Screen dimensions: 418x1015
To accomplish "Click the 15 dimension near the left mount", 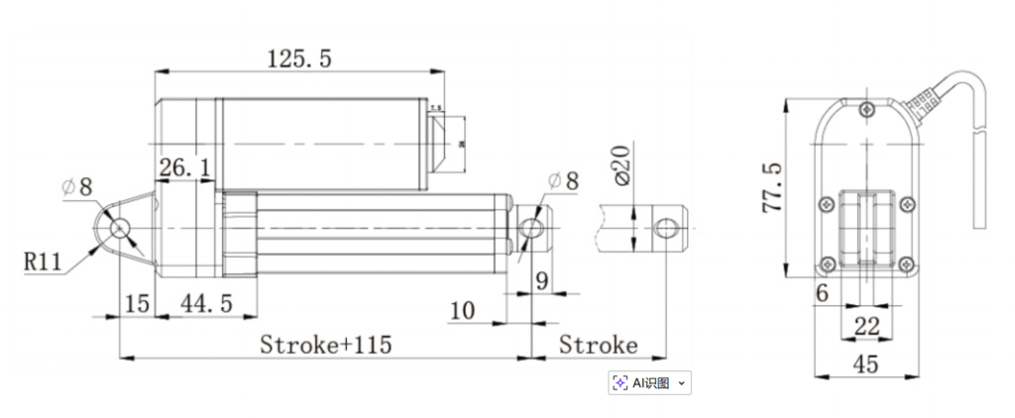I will pos(137,303).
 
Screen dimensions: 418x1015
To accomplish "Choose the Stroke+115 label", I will pos(325,345).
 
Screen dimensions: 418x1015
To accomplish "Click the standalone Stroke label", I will pos(598,345).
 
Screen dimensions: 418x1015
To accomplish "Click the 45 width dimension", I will pos(865,365).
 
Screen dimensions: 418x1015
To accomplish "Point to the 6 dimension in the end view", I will pos(822,293).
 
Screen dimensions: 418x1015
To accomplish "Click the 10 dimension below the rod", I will pos(462,311).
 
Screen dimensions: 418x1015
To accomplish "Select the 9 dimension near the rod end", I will pos(541,280).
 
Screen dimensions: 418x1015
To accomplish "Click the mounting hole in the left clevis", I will pos(120,228).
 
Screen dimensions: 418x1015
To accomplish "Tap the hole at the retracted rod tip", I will pos(531,228).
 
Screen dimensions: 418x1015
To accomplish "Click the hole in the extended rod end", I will pos(665,227).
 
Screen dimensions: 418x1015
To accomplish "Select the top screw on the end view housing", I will pos(867,109).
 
